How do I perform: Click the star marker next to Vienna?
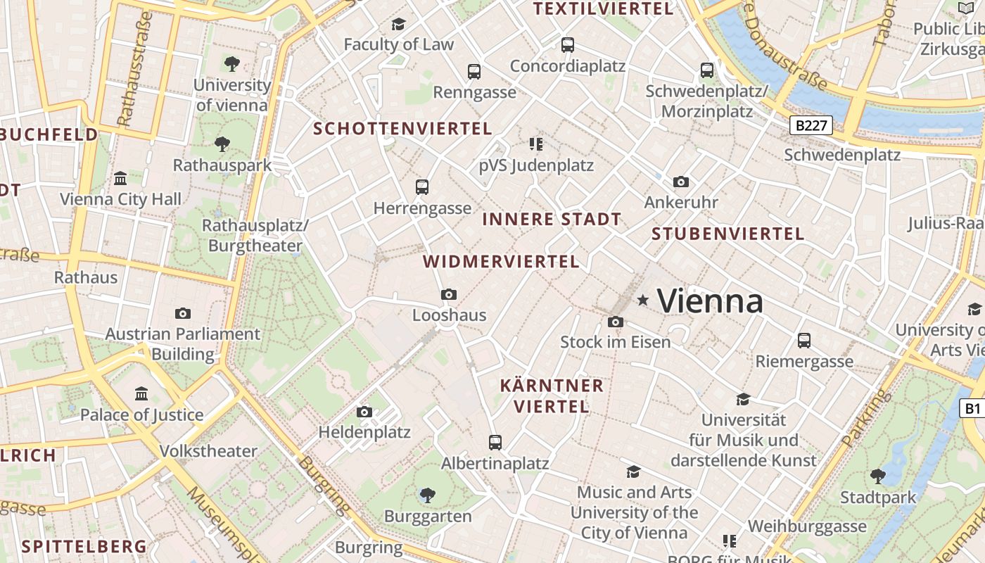click(x=642, y=301)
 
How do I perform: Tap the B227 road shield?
click(x=811, y=126)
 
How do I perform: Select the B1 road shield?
click(x=972, y=408)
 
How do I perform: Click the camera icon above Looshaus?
click(x=449, y=294)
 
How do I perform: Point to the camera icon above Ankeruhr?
click(x=680, y=182)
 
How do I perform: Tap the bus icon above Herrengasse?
click(x=422, y=187)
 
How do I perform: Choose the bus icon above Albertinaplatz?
click(x=495, y=443)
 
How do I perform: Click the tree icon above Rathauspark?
click(x=222, y=144)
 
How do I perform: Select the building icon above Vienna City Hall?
click(x=120, y=178)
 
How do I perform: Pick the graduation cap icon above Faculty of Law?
click(x=399, y=25)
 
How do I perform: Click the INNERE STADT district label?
click(x=552, y=219)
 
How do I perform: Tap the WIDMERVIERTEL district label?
click(x=501, y=262)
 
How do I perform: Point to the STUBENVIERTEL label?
click(x=727, y=234)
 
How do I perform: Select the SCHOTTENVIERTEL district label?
click(x=402, y=128)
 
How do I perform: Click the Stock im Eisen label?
click(x=615, y=342)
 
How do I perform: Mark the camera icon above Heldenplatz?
click(x=364, y=412)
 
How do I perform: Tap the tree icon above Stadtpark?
click(x=878, y=476)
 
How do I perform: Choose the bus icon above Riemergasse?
click(x=804, y=341)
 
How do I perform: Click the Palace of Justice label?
click(x=141, y=415)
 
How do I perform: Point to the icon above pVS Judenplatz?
click(x=536, y=144)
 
